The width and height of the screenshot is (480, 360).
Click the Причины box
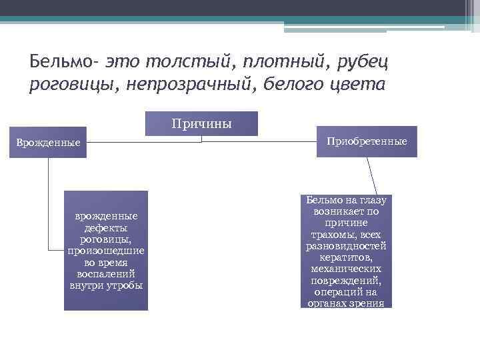pyautogui.click(x=201, y=123)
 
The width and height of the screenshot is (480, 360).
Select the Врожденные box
pyautogui.click(x=48, y=143)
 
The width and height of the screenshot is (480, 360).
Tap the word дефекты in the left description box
pyautogui.click(x=106, y=227)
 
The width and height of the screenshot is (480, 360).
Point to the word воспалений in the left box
pyautogui.click(x=106, y=274)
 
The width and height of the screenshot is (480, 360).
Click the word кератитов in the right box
pyautogui.click(x=346, y=257)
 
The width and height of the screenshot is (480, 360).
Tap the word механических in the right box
pyautogui.click(x=346, y=269)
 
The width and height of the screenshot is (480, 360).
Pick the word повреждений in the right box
pyautogui.click(x=346, y=280)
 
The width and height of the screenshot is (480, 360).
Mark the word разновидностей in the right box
pyautogui.click(x=346, y=246)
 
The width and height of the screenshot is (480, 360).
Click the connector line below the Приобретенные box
pyautogui.click(x=373, y=176)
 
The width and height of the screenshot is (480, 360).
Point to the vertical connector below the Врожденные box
pyautogui.click(x=48, y=200)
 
